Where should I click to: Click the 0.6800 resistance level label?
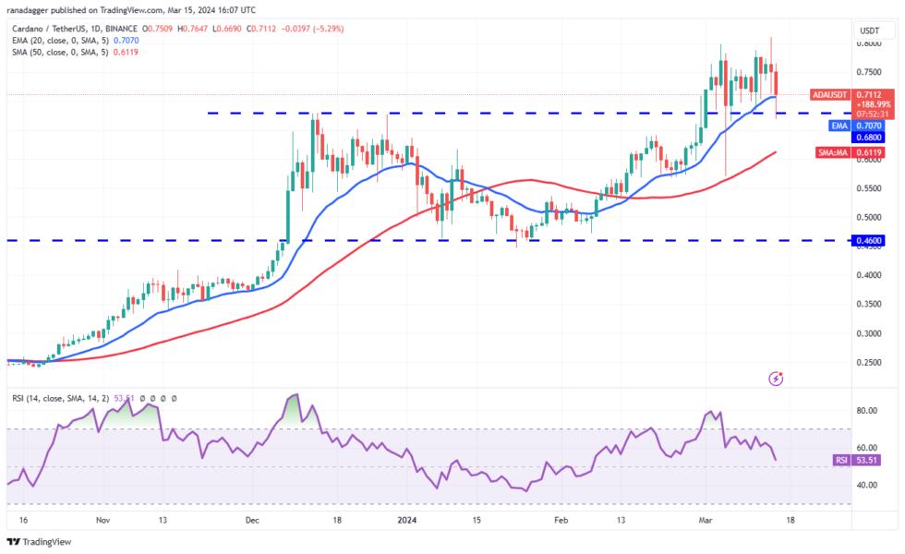tap(870, 137)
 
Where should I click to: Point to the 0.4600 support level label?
tap(870, 240)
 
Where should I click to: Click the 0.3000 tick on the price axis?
tap(868, 332)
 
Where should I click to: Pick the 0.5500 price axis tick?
tap(868, 188)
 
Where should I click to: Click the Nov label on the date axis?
tap(103, 520)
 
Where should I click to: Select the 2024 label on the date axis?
tap(408, 520)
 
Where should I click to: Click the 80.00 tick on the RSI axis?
tap(867, 411)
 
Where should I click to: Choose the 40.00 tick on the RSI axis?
tap(867, 484)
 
